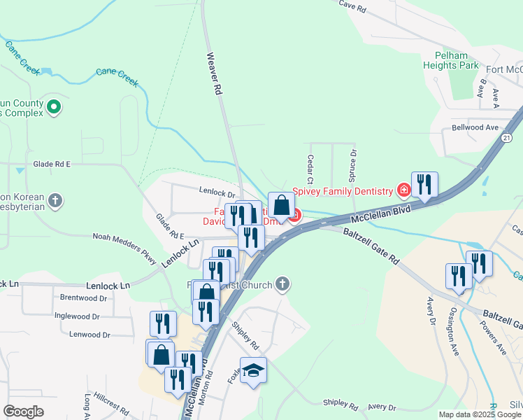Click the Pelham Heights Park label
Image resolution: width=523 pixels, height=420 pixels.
[x=450, y=60]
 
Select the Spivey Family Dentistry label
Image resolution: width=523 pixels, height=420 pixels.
[x=343, y=190]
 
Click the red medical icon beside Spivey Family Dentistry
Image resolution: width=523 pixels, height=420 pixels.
[x=403, y=190]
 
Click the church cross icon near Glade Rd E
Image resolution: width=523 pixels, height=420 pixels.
[x=55, y=202]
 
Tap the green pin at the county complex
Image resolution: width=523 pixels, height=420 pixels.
[x=54, y=108]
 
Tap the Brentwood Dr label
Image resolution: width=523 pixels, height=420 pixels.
[x=83, y=297]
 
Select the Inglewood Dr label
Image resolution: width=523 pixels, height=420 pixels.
[x=83, y=316]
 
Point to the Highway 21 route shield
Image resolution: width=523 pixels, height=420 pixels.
[x=505, y=139]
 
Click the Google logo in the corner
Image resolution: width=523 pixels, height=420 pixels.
[x=23, y=412]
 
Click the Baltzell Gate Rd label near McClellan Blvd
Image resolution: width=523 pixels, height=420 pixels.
[x=371, y=246]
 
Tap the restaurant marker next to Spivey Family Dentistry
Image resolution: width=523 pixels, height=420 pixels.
[x=424, y=185]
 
